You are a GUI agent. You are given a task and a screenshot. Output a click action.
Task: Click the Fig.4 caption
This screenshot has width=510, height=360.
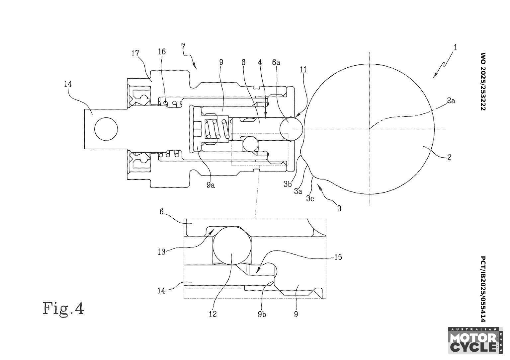pos(63,308)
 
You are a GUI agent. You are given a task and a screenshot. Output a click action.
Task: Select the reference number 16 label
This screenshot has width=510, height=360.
pos(162,51)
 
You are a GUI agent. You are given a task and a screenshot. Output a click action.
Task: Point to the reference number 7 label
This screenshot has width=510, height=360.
pos(184,46)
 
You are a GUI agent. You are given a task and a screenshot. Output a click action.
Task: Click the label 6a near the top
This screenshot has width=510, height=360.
pos(276,62)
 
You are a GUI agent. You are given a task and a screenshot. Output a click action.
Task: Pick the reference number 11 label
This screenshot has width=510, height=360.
pos(303,70)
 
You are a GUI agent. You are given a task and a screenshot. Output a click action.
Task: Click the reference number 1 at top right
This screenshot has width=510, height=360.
pos(455,47)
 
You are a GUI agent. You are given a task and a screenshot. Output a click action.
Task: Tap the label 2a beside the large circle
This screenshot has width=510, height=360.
pos(451,101)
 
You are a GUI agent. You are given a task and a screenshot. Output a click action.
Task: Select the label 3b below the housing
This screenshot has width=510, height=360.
pos(288,184)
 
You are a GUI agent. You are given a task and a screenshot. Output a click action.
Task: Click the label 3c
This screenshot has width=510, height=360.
pos(310,198)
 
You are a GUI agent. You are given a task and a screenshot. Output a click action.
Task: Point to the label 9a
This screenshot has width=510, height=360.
pos(211,185)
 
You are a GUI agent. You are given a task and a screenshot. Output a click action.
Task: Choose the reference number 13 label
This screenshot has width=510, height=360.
pos(161,252)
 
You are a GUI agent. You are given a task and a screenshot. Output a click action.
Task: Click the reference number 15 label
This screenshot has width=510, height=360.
pos(338,257)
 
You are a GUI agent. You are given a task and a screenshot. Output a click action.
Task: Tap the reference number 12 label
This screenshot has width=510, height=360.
pos(212,314)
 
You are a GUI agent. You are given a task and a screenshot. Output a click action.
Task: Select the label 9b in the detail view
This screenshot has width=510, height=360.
pos(262,314)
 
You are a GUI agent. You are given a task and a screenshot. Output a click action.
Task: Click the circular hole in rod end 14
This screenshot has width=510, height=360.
pos(106,129)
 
